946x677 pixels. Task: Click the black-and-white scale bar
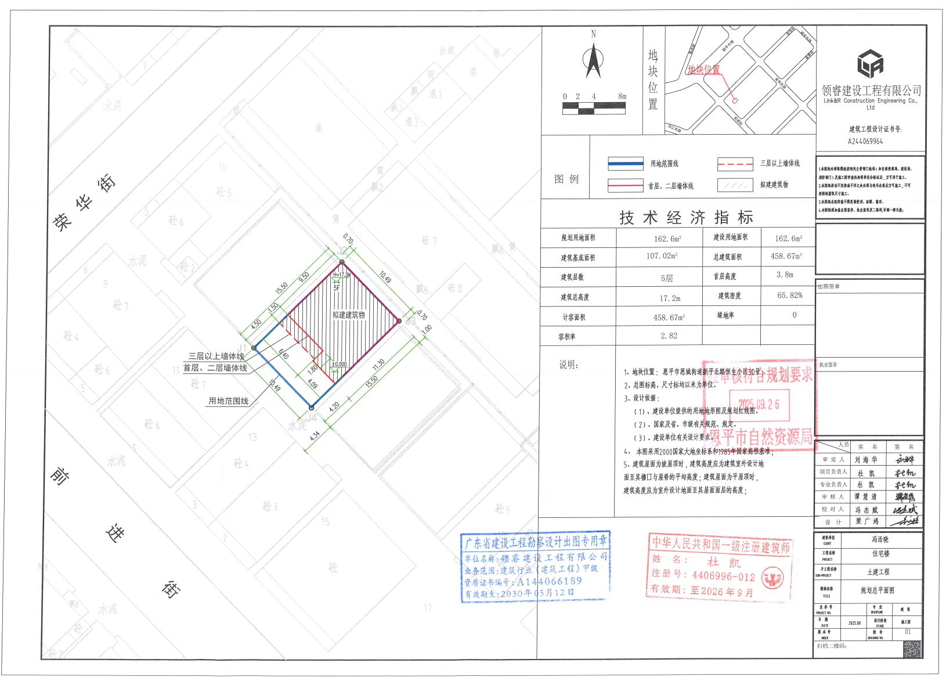pyautogui.click(x=594, y=108)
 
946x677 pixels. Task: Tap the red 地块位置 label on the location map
pyautogui.click(x=703, y=70)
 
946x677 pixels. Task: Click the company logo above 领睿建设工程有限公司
pyautogui.click(x=870, y=64)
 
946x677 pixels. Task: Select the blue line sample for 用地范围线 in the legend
pyautogui.click(x=625, y=164)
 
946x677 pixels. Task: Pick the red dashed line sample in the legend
pyautogui.click(x=735, y=164)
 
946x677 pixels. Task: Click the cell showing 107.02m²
pyautogui.click(x=662, y=256)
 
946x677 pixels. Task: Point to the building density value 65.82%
pyautogui.click(x=789, y=296)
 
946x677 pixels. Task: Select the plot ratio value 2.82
pyautogui.click(x=669, y=336)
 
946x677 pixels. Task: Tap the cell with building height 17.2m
pyautogui.click(x=669, y=298)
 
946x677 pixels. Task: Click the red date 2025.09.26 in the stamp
pyautogui.click(x=759, y=404)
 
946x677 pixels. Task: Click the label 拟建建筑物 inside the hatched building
pyautogui.click(x=348, y=315)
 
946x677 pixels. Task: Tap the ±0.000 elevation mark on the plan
pyautogui.click(x=339, y=365)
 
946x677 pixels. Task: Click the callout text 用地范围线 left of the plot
pyautogui.click(x=228, y=401)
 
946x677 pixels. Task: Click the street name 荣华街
pyautogui.click(x=84, y=203)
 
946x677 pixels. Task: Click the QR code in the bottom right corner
pyautogui.click(x=912, y=649)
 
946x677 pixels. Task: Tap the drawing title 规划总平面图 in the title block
pyautogui.click(x=877, y=590)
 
